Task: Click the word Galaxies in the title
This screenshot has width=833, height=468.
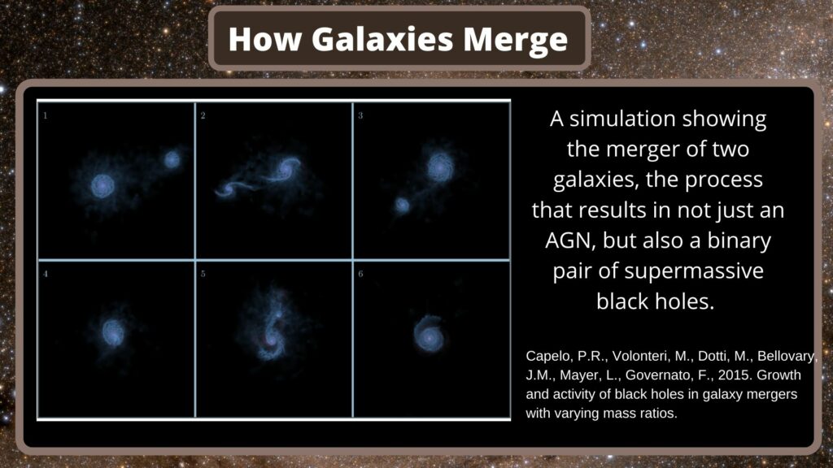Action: tap(382, 40)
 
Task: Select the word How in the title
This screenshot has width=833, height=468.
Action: tap(264, 39)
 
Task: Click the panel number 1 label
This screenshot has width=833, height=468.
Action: tap(46, 115)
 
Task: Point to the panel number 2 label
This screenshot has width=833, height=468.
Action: tap(203, 115)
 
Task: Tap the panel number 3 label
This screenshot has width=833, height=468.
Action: tap(360, 115)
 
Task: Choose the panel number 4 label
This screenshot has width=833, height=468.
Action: tap(46, 274)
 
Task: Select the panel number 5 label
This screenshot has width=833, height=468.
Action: tap(203, 274)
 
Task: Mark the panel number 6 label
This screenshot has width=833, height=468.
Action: tap(360, 274)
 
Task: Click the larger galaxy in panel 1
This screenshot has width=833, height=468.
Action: tap(102, 186)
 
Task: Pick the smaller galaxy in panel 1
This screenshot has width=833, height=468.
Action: tap(172, 159)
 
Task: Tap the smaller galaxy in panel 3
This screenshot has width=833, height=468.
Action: tap(402, 205)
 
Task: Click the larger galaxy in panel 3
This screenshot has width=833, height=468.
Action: tap(440, 167)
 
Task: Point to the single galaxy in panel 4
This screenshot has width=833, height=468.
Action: tap(112, 332)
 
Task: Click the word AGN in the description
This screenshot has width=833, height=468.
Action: tap(568, 240)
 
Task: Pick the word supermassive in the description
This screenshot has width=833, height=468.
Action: tap(693, 271)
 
